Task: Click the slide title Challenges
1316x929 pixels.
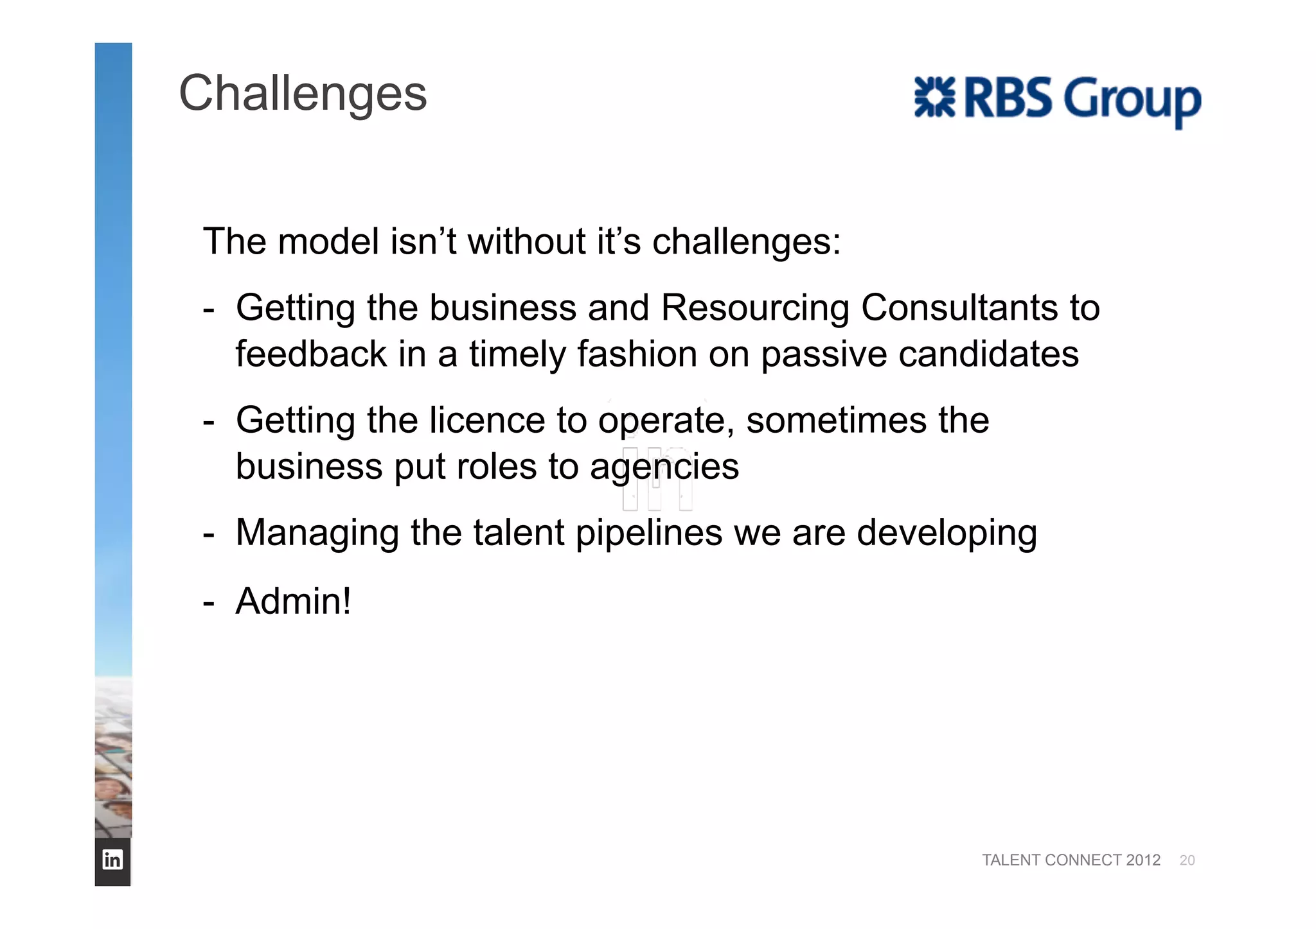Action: pyautogui.click(x=302, y=94)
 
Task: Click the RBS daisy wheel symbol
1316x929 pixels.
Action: pyautogui.click(x=934, y=98)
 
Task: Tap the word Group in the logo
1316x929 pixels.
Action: pyautogui.click(x=1132, y=100)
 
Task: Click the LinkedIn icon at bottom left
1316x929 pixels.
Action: pyautogui.click(x=112, y=859)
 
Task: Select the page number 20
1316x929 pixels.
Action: pyautogui.click(x=1187, y=860)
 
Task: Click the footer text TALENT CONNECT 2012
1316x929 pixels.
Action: pyautogui.click(x=1071, y=860)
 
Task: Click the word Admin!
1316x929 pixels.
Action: pyautogui.click(x=293, y=601)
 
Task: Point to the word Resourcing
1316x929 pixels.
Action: pyautogui.click(x=755, y=308)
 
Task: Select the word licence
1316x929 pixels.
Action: pyautogui.click(x=487, y=421)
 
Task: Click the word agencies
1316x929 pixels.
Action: pyautogui.click(x=664, y=467)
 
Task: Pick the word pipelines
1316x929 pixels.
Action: pyautogui.click(x=648, y=534)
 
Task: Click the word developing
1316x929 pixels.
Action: pyautogui.click(x=947, y=534)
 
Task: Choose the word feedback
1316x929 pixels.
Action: pyautogui.click(x=311, y=354)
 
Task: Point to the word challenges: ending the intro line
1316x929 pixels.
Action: pyautogui.click(x=746, y=243)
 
